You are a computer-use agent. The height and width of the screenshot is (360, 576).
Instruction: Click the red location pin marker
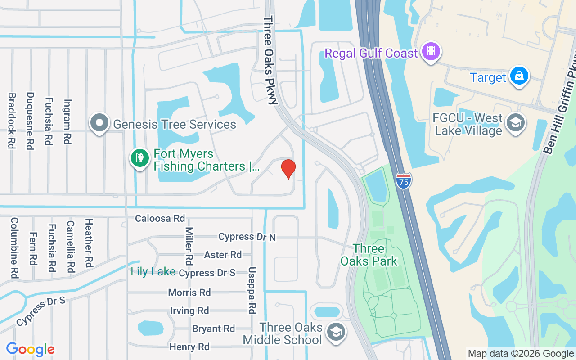(x=288, y=169)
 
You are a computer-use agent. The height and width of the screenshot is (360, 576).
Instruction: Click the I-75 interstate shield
(x=404, y=180)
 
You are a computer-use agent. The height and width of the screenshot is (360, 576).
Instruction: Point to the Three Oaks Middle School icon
(x=336, y=333)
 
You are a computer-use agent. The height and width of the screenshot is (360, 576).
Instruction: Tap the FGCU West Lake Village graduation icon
(x=515, y=122)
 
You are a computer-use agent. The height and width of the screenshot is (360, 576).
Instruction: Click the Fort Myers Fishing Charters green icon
(x=140, y=158)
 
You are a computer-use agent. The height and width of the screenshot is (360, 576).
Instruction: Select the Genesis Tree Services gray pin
(x=99, y=122)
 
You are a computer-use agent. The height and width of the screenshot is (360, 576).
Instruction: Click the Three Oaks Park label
(x=369, y=255)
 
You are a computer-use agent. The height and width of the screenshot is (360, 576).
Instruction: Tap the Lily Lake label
(x=153, y=271)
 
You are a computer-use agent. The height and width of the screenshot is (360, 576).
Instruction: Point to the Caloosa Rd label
(x=160, y=218)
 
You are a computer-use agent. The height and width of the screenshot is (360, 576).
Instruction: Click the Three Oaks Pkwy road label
(x=270, y=61)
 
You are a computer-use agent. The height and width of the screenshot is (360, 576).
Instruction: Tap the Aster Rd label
(x=223, y=255)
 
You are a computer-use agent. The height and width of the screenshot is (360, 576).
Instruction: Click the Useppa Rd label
(x=252, y=291)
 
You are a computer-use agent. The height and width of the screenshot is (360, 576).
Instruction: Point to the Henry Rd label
(x=189, y=347)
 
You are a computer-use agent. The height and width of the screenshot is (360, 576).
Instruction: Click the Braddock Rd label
(x=12, y=121)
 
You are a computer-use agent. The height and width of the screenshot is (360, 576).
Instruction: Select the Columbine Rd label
(x=14, y=247)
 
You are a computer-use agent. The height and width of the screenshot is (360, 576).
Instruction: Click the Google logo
(x=30, y=349)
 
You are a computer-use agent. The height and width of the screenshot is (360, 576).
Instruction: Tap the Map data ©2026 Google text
(x=521, y=354)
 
